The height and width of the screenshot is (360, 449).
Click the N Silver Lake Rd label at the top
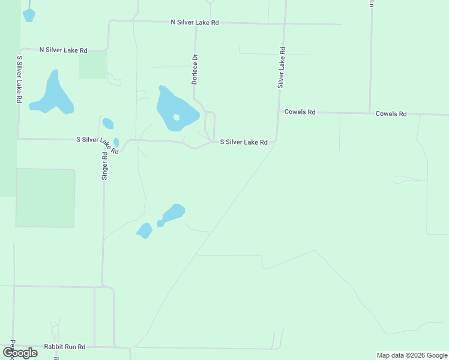click(195, 22)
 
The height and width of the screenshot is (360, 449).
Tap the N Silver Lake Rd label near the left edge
click(64, 50)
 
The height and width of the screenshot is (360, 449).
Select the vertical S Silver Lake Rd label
click(19, 80)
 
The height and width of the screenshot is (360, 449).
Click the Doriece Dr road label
click(194, 69)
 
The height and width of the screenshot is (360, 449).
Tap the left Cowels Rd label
click(300, 112)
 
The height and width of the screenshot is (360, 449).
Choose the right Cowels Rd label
click(391, 113)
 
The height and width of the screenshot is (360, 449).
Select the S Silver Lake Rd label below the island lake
click(243, 142)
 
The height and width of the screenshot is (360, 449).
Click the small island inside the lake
click(176, 118)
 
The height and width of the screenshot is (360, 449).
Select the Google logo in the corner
click(20, 352)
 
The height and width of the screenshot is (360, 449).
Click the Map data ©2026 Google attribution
click(412, 355)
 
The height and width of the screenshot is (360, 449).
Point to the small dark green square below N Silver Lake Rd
click(92, 65)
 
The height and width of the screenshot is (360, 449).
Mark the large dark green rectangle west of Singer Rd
click(45, 198)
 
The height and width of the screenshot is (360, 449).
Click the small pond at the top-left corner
click(28, 14)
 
